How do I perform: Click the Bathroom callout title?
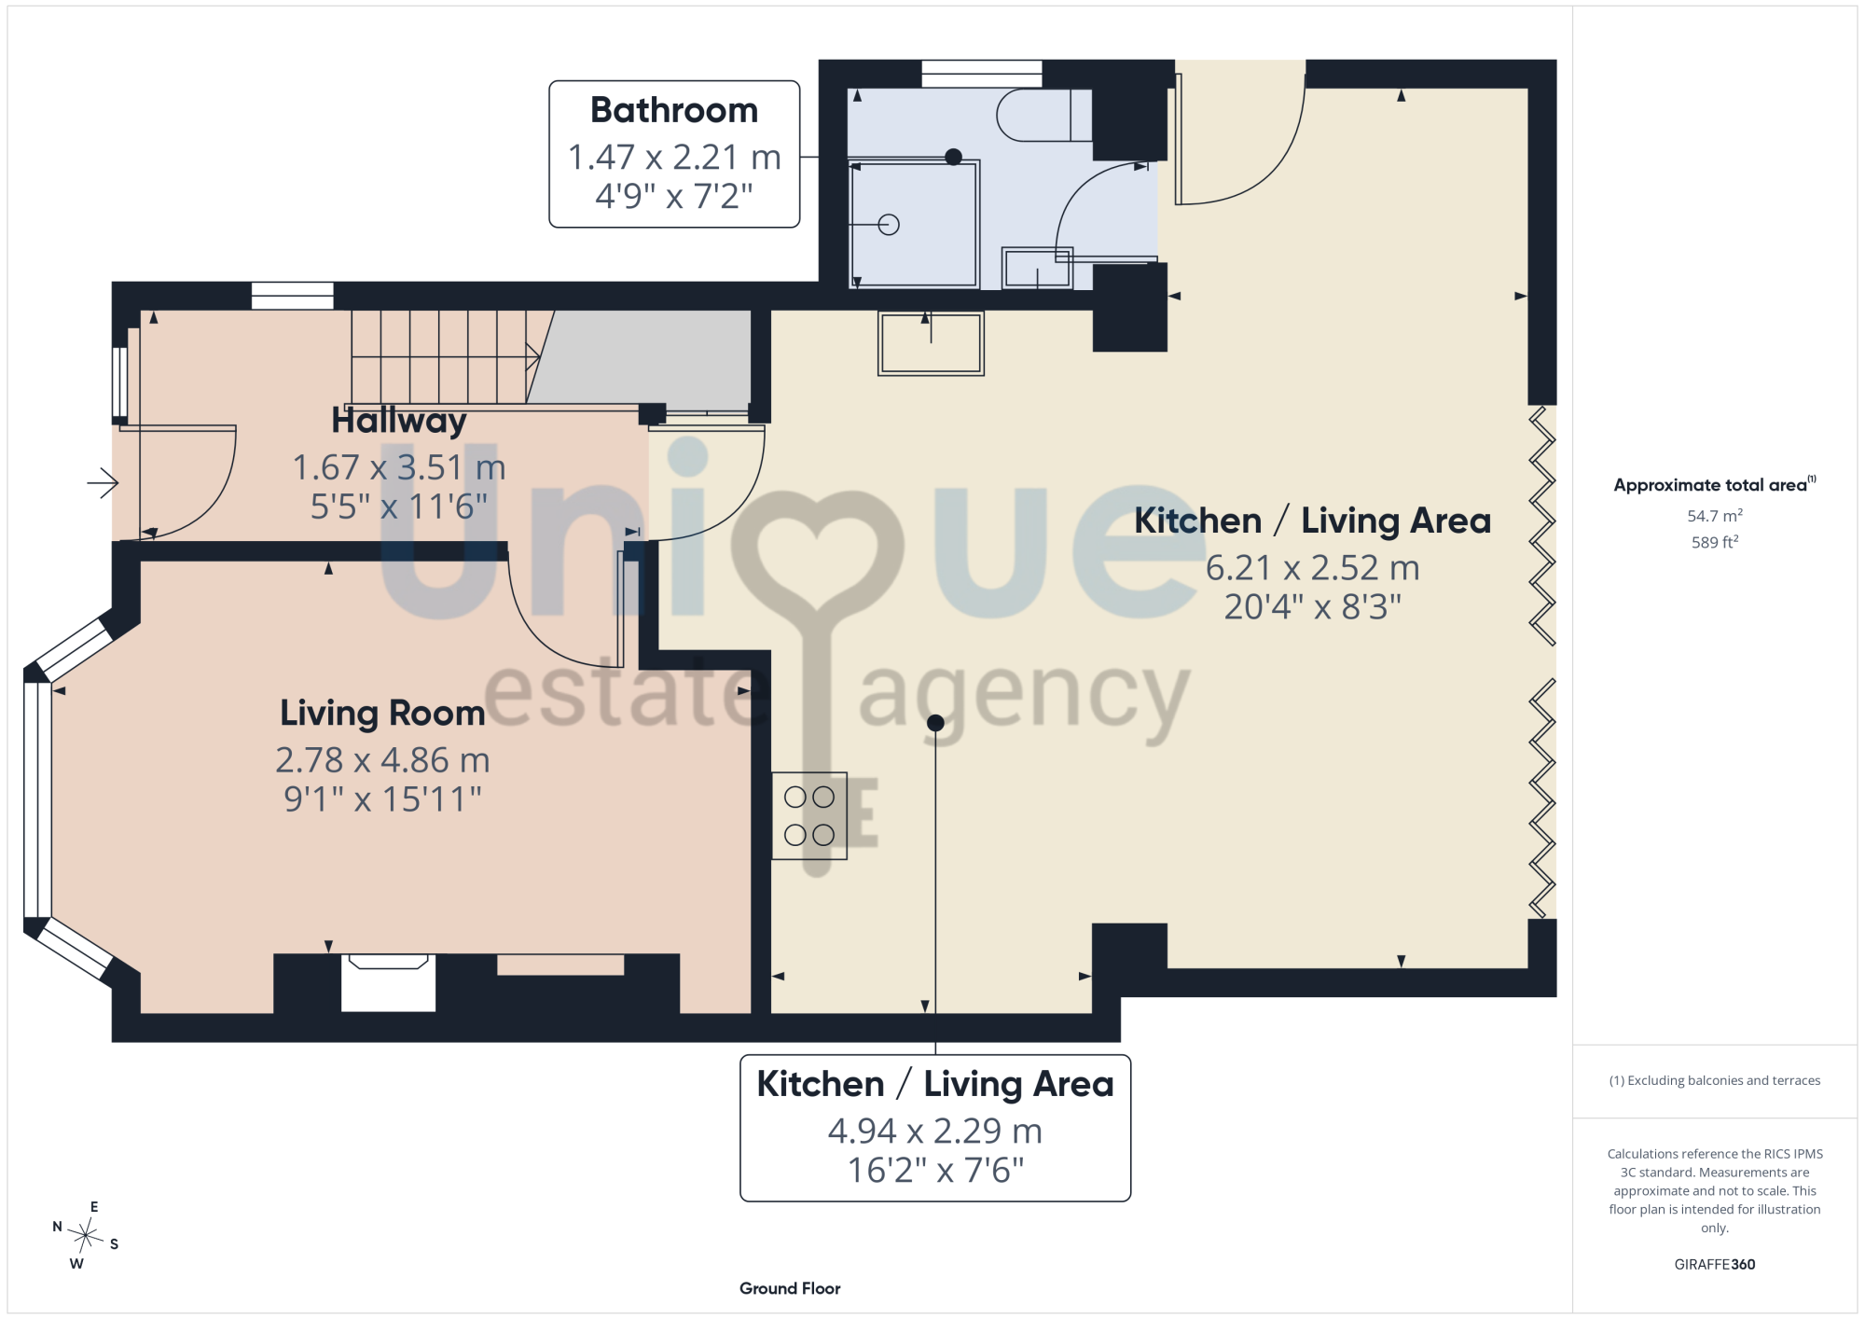pos(674,110)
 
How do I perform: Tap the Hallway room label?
pos(399,421)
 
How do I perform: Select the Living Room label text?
pos(382,714)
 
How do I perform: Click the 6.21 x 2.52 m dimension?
pos(1312,568)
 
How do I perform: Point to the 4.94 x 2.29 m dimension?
pos(935,1132)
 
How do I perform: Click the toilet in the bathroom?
pos(1044,115)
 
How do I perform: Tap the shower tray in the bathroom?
pos(915,224)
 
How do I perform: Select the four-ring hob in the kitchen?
pos(809,815)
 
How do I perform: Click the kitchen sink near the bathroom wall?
pos(931,343)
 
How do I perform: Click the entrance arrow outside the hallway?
pos(103,482)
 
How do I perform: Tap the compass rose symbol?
pos(85,1237)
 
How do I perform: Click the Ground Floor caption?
pos(790,1288)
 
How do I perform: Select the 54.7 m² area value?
pos(1715,516)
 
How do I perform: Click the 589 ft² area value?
pos(1715,542)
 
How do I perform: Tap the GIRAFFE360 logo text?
pos(1715,1265)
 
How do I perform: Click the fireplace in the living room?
pos(388,982)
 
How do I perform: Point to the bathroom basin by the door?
pos(1037,268)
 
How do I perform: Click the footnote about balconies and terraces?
pos(1715,1080)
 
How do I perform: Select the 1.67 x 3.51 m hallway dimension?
pos(399,467)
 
